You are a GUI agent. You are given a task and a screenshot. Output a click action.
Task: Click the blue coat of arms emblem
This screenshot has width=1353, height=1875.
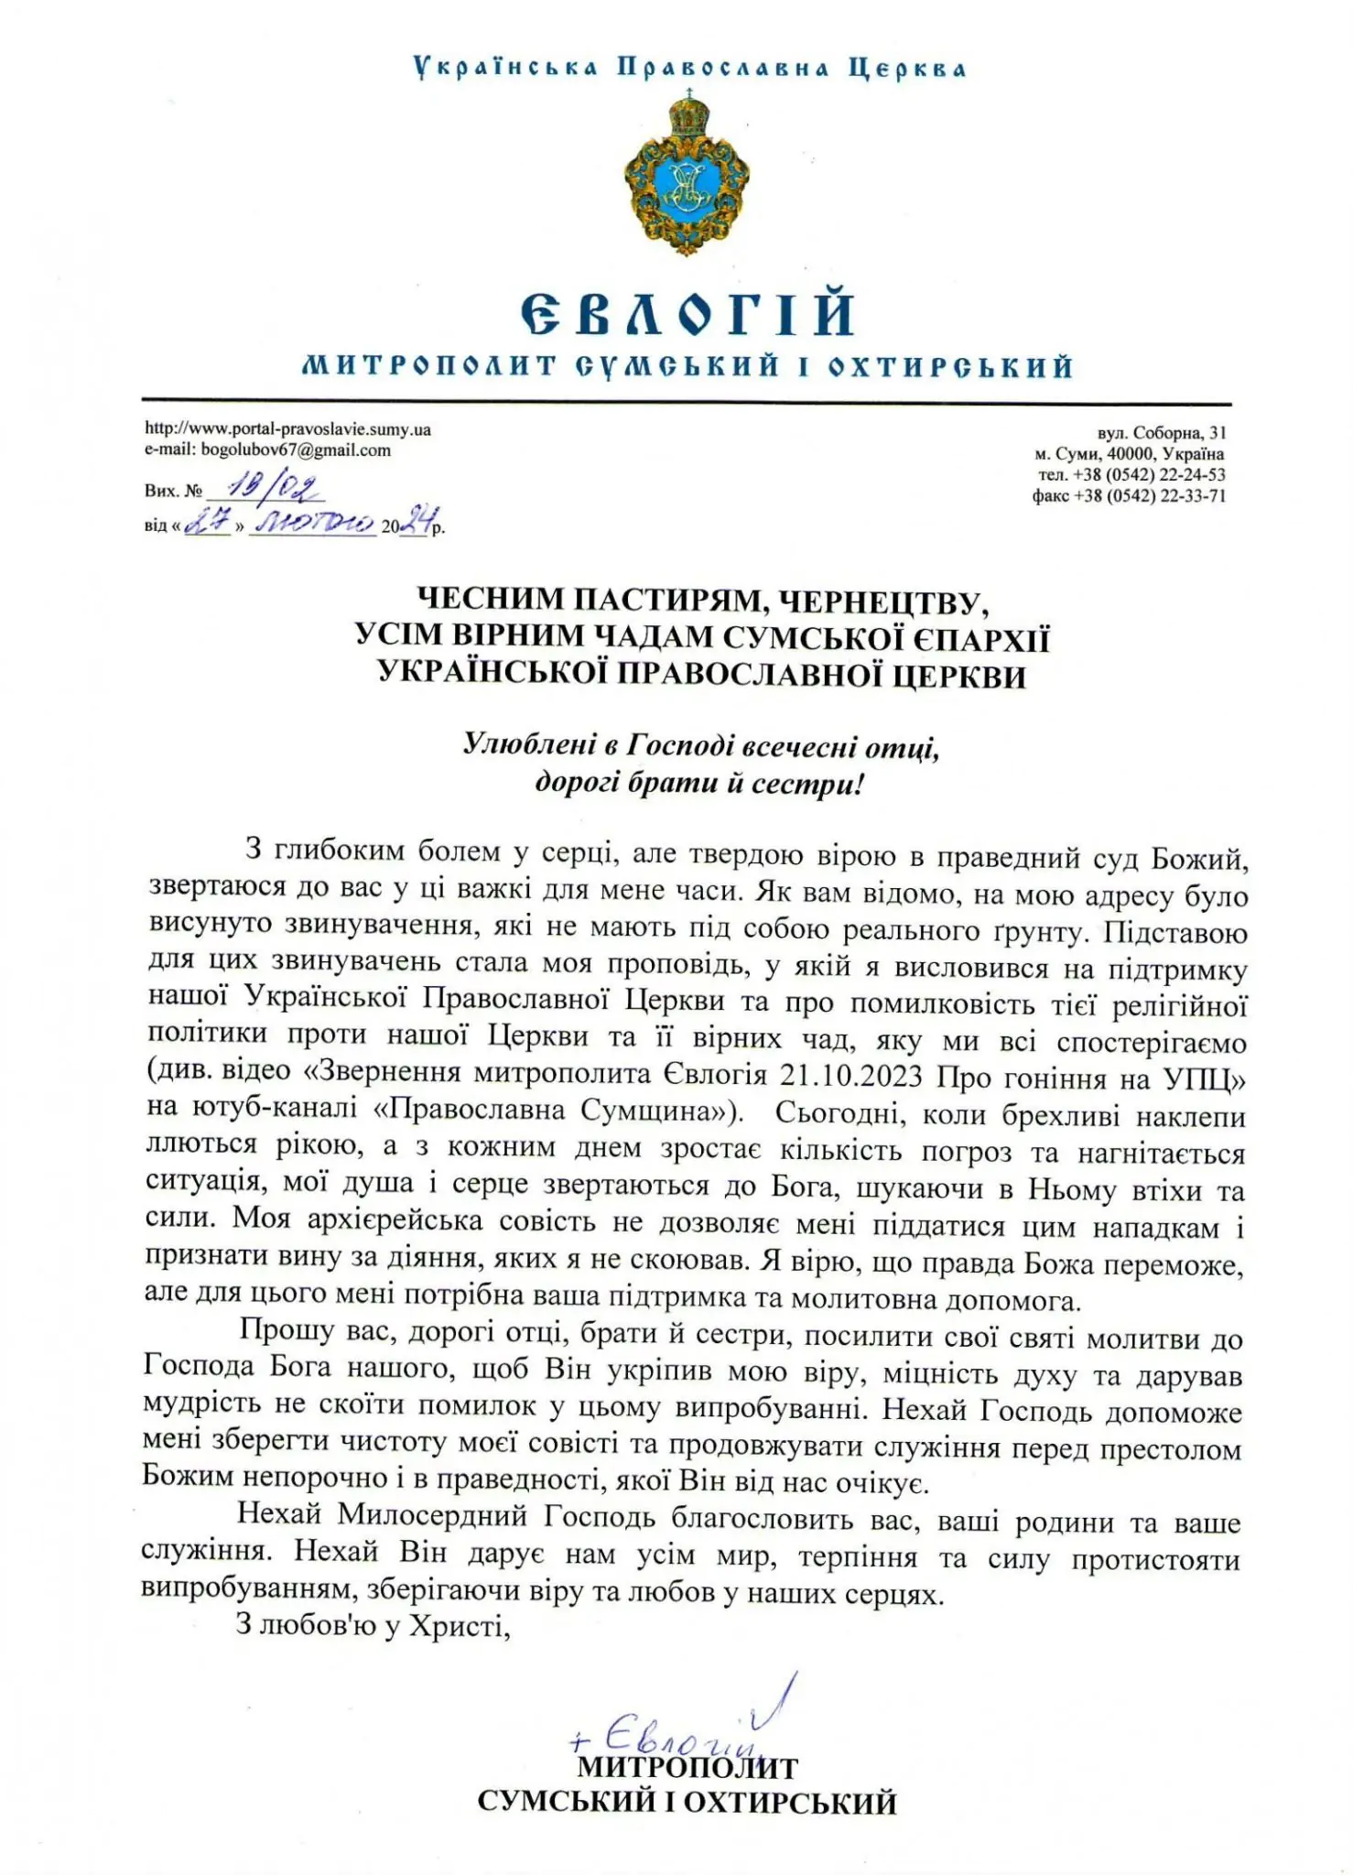[687, 174]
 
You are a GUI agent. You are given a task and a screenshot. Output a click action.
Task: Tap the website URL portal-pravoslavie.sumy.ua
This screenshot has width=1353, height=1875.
[288, 428]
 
